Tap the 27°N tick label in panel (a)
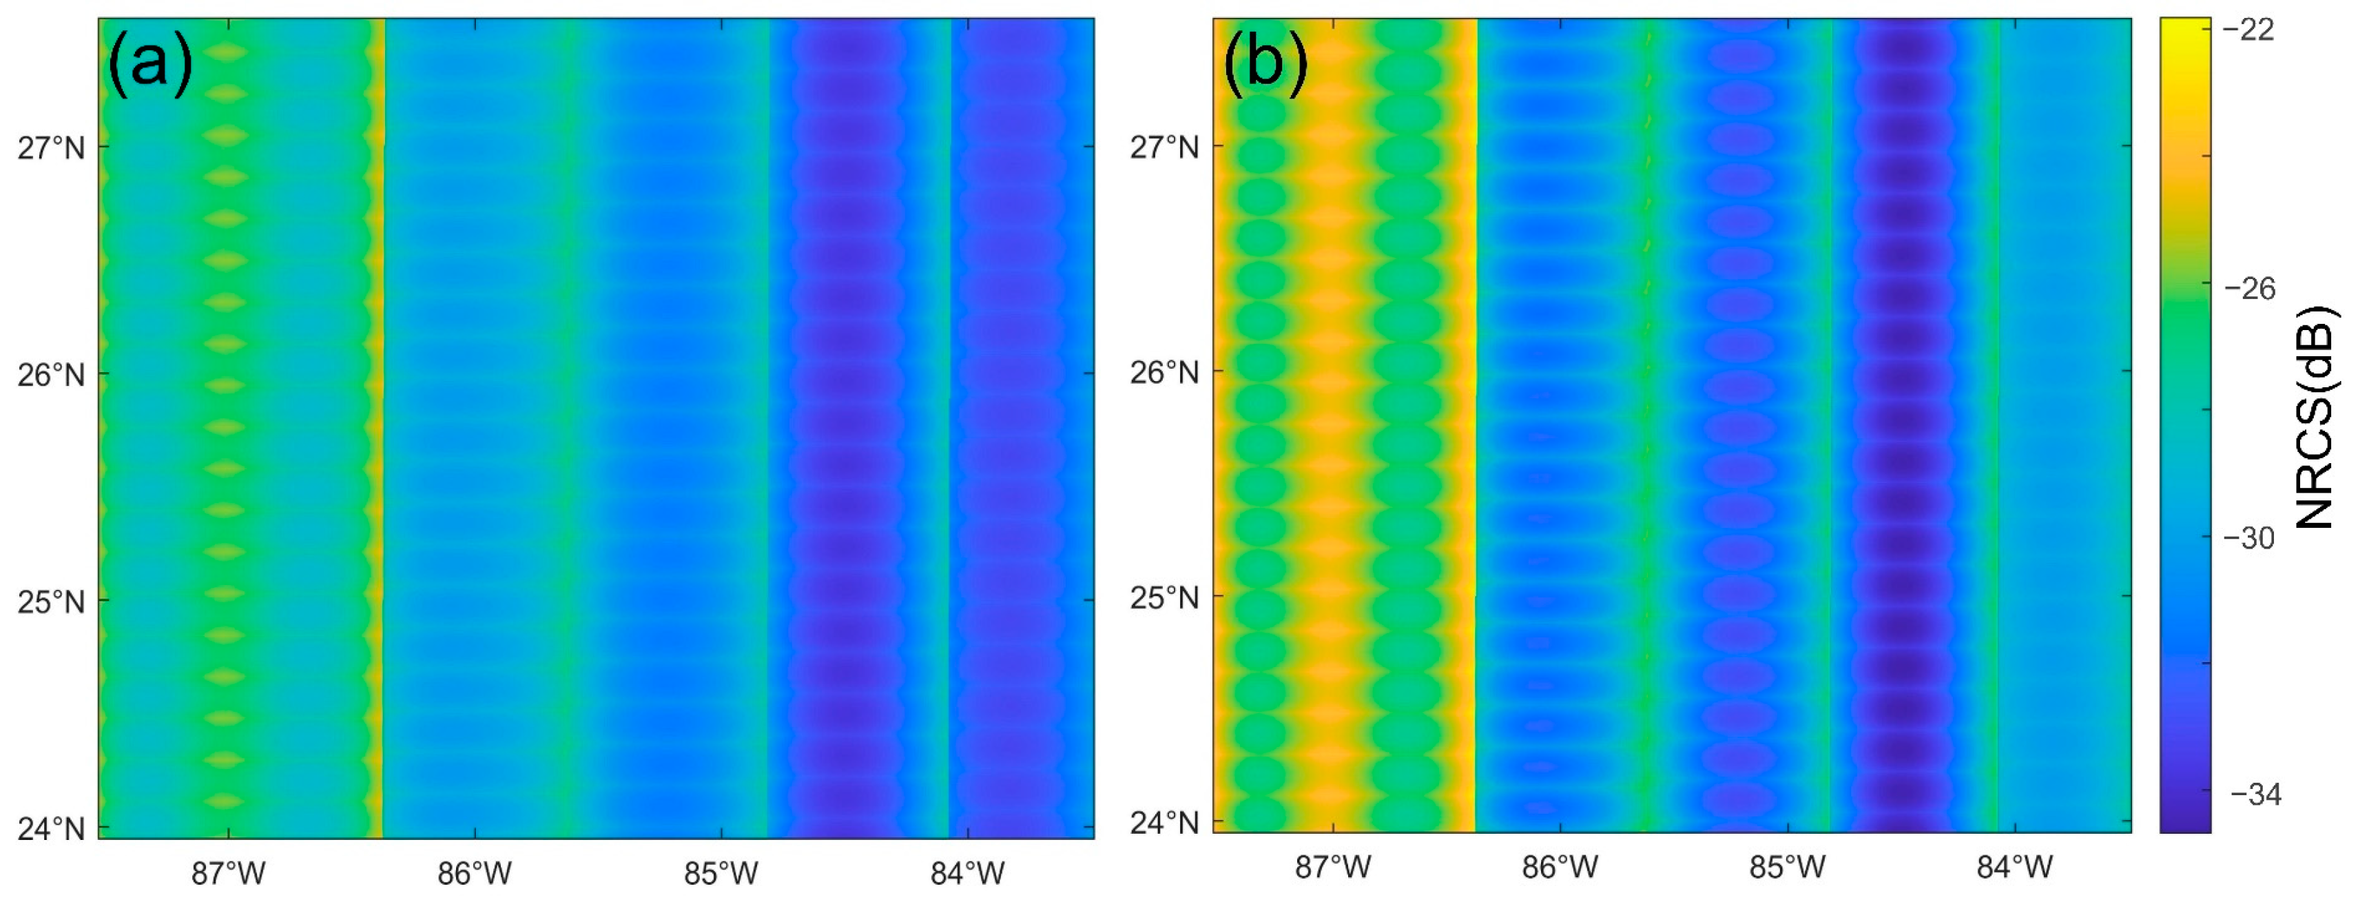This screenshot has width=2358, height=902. click(x=51, y=147)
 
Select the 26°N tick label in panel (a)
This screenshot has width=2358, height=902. click(x=51, y=375)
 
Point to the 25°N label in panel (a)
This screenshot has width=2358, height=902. click(x=51, y=602)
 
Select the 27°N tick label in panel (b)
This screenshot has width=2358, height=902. click(x=1164, y=147)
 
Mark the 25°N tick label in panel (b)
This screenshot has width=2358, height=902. click(x=1164, y=598)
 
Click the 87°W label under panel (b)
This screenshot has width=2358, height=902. click(x=1333, y=866)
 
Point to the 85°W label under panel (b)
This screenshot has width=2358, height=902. click(x=1788, y=866)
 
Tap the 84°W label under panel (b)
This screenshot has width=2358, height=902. click(x=2015, y=866)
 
